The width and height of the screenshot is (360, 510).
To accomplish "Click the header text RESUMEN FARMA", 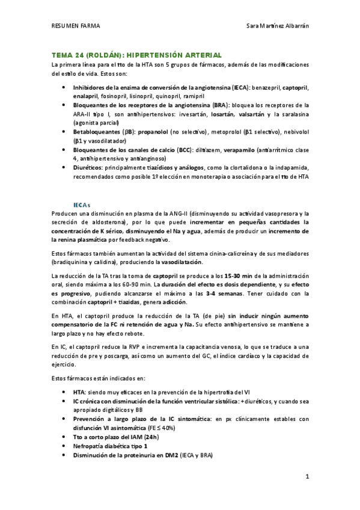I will coord(76,26).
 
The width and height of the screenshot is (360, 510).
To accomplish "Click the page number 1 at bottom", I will coord(307,477).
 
